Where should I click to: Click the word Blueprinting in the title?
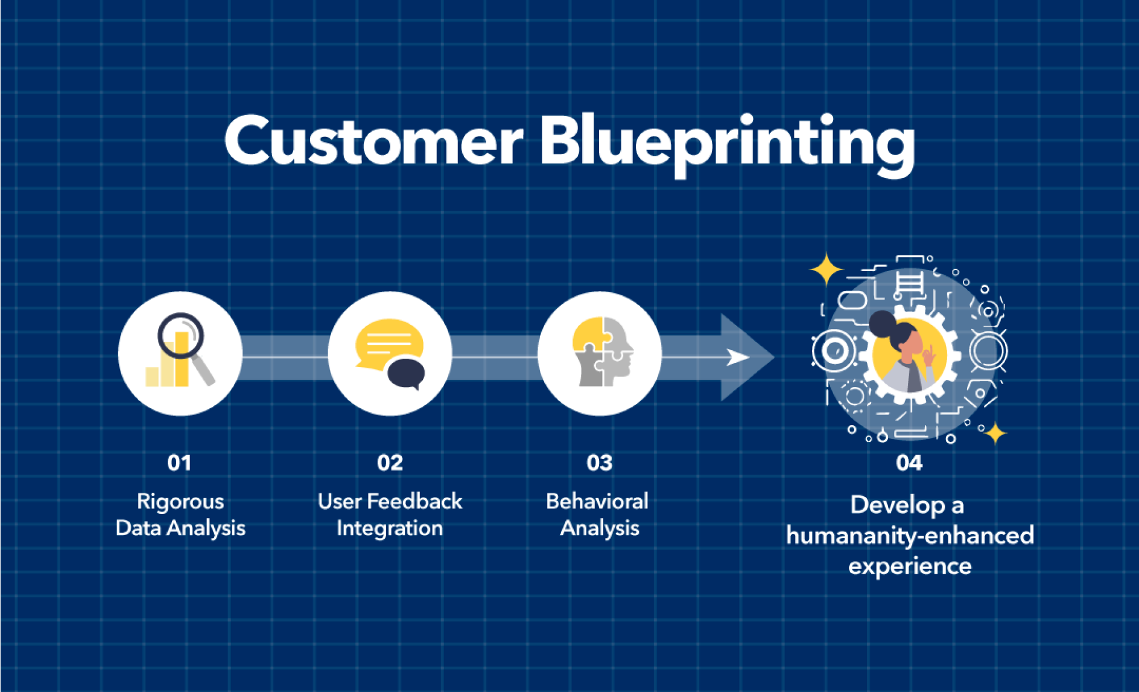pos(728,145)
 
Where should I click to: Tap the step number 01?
pos(179,463)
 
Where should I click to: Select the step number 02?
pos(390,463)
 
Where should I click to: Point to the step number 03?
pos(599,463)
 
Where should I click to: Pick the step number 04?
pos(909,463)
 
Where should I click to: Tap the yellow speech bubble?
pos(388,342)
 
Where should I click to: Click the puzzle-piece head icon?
pos(603,351)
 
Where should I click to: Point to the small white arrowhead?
pos(737,357)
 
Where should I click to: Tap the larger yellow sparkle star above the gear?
pos(826,269)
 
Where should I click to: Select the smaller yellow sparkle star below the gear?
pos(995,433)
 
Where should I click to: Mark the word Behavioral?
pos(597,501)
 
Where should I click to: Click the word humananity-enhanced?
pos(910,536)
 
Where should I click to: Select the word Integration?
pos(390,529)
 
